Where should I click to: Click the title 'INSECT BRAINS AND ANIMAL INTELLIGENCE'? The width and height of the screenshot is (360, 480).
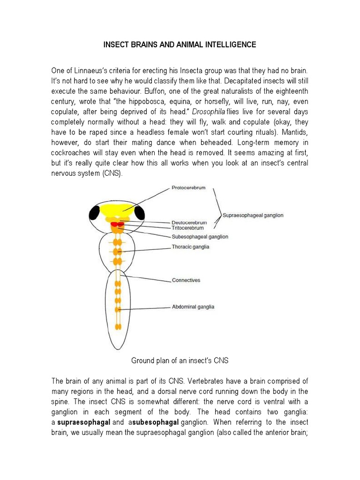(180, 45)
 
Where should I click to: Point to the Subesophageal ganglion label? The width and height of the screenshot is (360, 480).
(200, 237)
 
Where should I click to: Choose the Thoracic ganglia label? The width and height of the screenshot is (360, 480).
(190, 247)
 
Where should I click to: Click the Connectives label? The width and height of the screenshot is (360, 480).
(186, 280)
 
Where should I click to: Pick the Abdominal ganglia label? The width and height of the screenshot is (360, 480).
(193, 307)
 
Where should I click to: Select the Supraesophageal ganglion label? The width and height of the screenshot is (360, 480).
(253, 216)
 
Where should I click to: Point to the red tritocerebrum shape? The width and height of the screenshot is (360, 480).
(117, 225)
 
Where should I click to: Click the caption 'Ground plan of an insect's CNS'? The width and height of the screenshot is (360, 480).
(180, 360)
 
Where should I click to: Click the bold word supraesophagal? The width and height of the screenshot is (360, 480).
(83, 422)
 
